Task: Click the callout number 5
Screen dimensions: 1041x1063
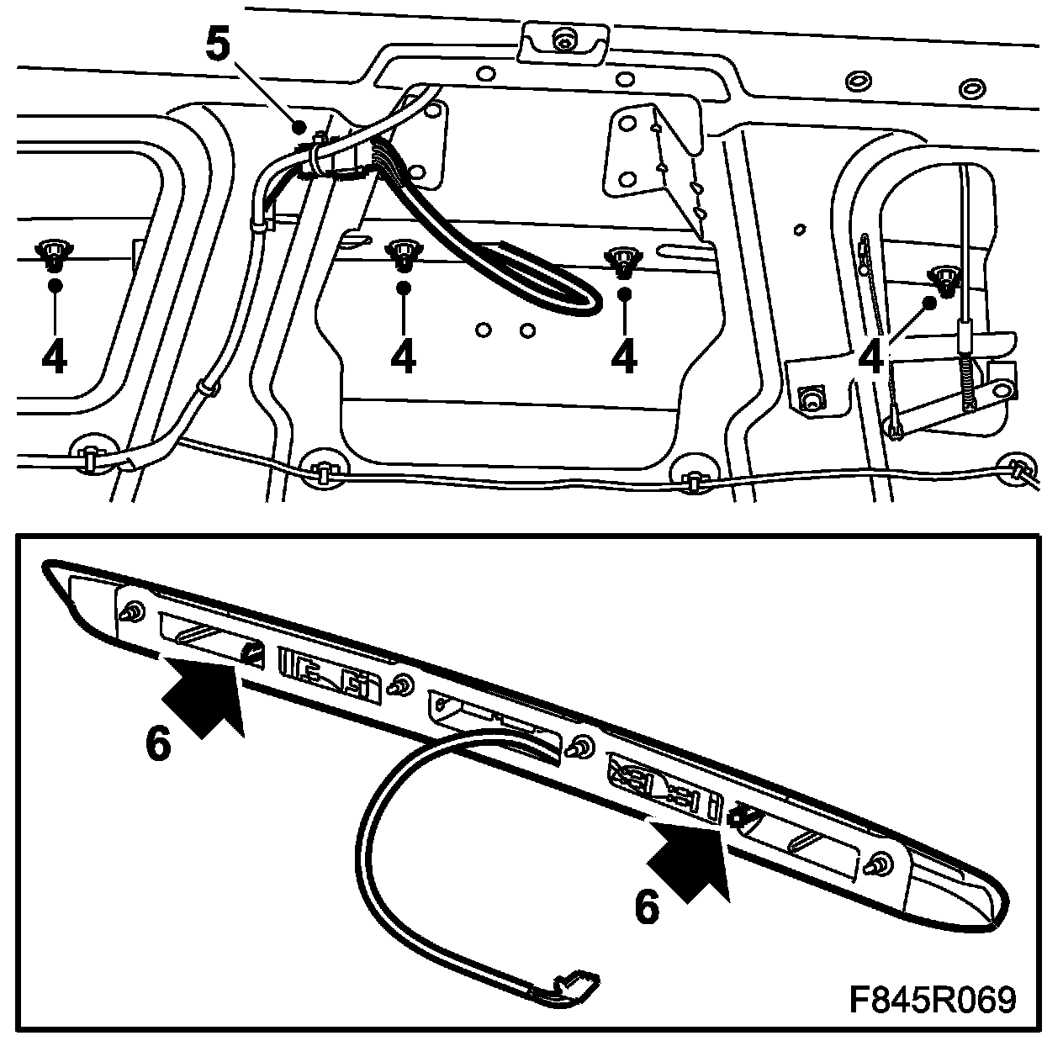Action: tap(216, 44)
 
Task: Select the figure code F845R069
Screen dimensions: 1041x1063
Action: tap(932, 1000)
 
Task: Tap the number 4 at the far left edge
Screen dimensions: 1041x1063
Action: tap(54, 357)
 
